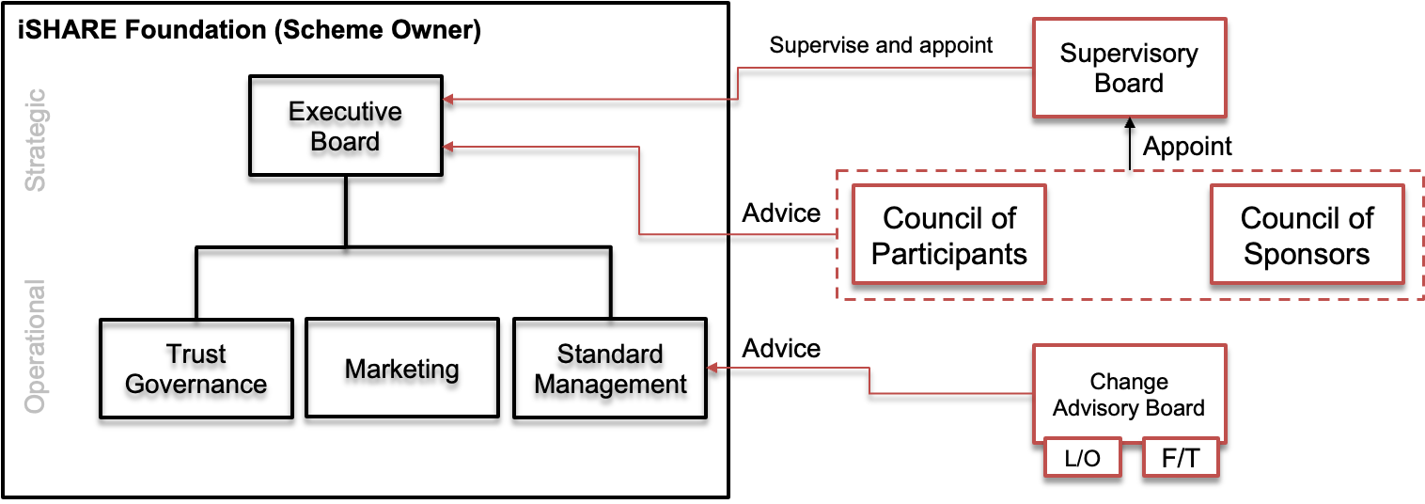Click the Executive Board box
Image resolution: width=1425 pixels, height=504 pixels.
345,126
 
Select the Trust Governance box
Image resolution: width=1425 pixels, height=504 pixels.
196,369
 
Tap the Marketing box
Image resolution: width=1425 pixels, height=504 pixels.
401,369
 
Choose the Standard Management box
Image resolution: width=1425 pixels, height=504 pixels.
610,369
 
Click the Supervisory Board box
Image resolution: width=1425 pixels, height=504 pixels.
1129,68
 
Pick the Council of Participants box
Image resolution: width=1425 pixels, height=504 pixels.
948,235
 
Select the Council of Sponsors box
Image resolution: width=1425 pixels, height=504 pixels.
1307,235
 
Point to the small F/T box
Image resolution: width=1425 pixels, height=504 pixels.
1180,459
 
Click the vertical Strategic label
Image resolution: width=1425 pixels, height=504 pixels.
35,140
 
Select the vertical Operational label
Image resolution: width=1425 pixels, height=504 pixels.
35,347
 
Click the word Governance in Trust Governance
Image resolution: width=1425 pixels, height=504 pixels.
196,385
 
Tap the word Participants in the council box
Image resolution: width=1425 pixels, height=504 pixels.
948,254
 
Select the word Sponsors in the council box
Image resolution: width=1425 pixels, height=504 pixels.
1307,254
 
